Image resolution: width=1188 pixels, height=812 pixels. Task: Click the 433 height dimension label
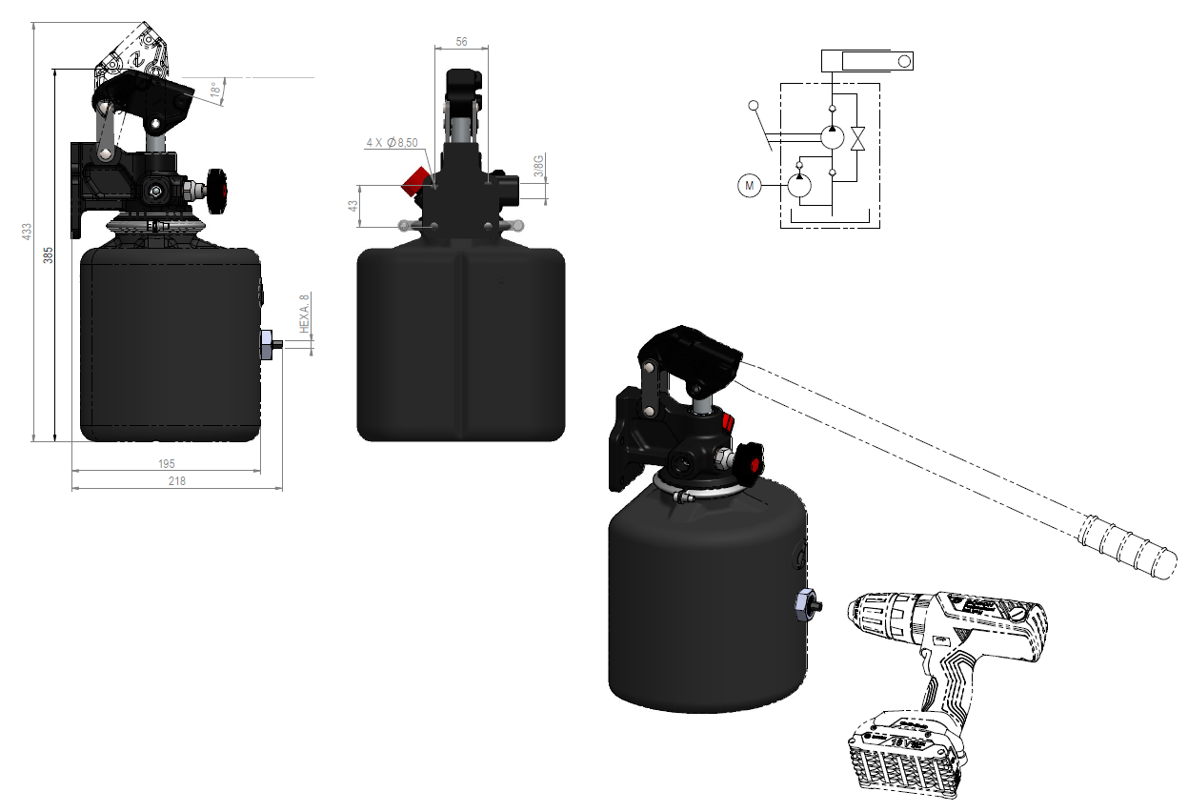coord(28,231)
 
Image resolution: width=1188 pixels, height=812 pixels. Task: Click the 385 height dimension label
coord(48,254)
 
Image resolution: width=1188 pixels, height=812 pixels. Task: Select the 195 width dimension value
coord(166,463)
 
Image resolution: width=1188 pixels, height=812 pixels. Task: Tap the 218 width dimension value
coord(176,481)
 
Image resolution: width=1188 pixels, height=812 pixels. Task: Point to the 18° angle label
coord(215,91)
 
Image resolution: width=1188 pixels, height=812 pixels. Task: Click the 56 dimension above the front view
coord(461,42)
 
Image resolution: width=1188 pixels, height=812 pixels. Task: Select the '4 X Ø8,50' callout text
coord(393,143)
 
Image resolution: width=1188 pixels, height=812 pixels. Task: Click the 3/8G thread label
coord(538,167)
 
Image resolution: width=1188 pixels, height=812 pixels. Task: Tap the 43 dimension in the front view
coord(352,206)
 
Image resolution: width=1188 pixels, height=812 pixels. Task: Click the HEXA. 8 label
coord(305,312)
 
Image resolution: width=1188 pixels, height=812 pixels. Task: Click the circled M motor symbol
coord(750,186)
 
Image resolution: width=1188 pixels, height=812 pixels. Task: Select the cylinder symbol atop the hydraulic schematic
coord(868,62)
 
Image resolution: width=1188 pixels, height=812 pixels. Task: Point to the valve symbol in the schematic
coord(858,138)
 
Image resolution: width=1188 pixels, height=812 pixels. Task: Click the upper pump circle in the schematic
coord(832,137)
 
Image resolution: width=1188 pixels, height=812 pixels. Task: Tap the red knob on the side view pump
coord(222,188)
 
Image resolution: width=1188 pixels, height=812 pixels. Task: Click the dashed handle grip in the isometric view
coord(1123,548)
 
